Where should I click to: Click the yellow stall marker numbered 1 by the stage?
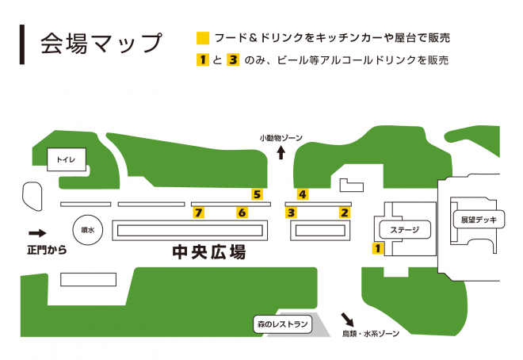(377, 248)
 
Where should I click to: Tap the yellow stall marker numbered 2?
(344, 213)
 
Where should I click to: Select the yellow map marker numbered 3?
(292, 213)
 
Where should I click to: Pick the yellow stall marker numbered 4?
(302, 194)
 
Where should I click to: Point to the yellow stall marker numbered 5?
(257, 193)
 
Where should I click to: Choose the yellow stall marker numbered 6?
(242, 213)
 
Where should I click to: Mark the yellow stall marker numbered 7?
(199, 213)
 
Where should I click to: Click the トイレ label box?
(65, 160)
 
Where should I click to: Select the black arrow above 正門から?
(37, 233)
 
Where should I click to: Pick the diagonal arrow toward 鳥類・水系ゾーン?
(348, 318)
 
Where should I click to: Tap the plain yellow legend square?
(204, 38)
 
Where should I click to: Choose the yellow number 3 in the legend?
(233, 59)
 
